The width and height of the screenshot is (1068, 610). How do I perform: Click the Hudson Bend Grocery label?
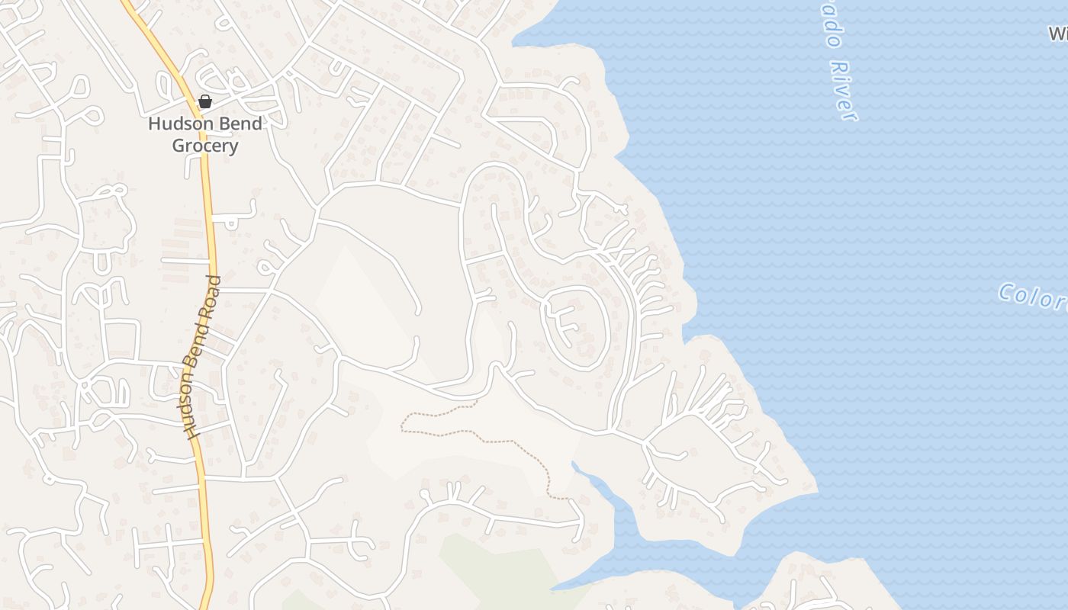[204, 134]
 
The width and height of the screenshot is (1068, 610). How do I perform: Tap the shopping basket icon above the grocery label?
[204, 101]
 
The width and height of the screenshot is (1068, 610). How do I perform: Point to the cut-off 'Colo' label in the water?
[1034, 297]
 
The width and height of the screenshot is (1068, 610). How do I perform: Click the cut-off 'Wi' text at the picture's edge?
[1057, 34]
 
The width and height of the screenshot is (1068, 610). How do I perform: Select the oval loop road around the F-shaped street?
[606, 328]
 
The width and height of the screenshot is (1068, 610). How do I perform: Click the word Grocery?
[204, 146]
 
